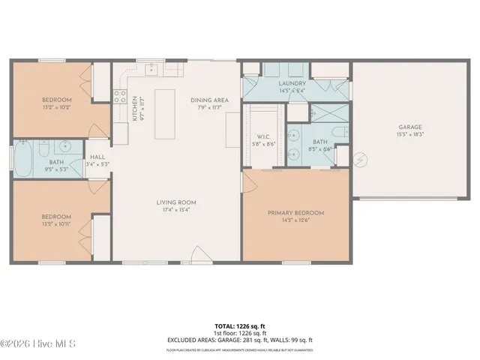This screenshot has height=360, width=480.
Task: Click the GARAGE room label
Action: (410, 127)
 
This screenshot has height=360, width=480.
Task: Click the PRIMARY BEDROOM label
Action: (296, 213)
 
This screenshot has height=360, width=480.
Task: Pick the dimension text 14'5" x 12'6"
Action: (296, 220)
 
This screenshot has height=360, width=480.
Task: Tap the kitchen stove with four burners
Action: (119, 95)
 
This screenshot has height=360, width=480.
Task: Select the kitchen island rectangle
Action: (164, 115)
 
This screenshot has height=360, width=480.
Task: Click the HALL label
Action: (97, 156)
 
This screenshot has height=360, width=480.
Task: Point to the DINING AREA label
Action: (209, 100)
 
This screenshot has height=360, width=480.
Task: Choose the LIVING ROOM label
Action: (176, 202)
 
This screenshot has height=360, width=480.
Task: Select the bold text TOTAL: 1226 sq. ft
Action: (240, 327)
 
